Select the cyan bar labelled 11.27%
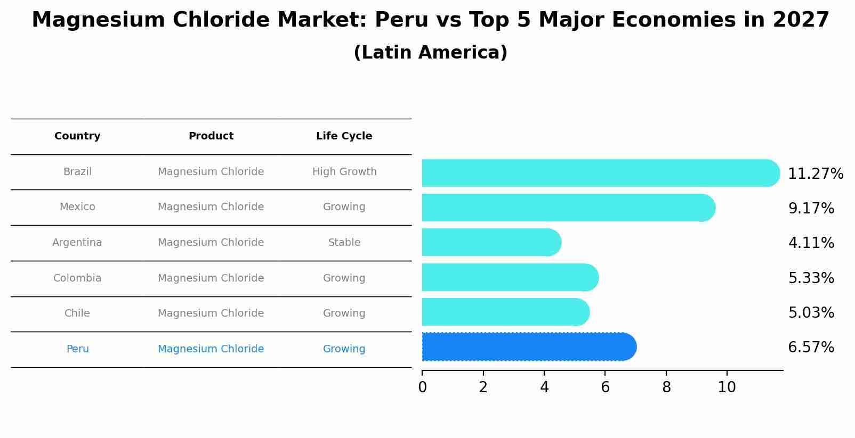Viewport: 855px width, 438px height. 600,173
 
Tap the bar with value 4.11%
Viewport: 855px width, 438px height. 490,242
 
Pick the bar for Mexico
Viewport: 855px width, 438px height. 568,208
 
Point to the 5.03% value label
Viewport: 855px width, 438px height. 811,313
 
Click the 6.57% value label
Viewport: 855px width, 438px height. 811,348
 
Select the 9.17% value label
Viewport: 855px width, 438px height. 811,208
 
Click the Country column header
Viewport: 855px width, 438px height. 77,136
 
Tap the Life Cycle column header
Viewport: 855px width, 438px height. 344,136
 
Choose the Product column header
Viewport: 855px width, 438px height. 211,136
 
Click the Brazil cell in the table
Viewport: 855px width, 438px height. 77,172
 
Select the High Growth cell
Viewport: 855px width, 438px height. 344,172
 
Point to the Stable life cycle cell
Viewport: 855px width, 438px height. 344,243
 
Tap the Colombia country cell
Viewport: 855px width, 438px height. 77,278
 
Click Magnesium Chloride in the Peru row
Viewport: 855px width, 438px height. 211,349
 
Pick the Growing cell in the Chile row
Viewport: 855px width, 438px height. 344,313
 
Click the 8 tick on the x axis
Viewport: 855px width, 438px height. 666,387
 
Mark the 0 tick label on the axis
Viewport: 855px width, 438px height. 422,387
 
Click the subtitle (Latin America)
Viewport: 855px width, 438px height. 430,53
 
